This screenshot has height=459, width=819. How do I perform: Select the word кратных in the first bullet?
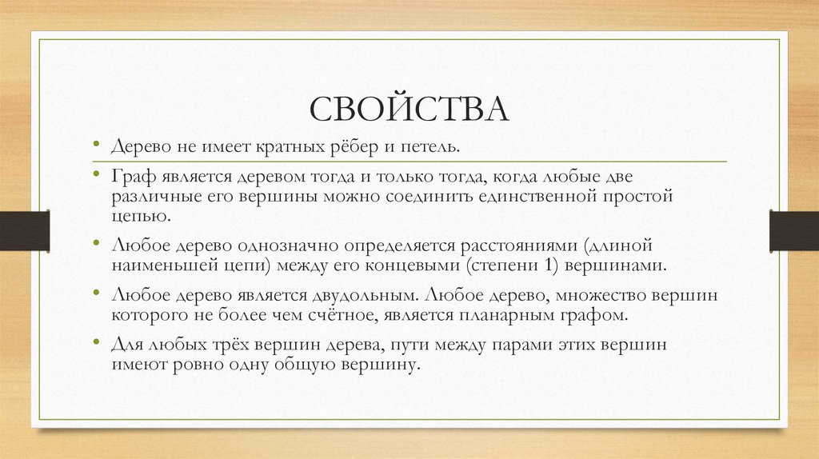pyautogui.click(x=289, y=147)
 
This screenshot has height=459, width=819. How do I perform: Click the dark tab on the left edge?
pyautogui.click(x=25, y=229)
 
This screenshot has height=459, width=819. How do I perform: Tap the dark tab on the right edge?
pyautogui.click(x=793, y=229)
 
